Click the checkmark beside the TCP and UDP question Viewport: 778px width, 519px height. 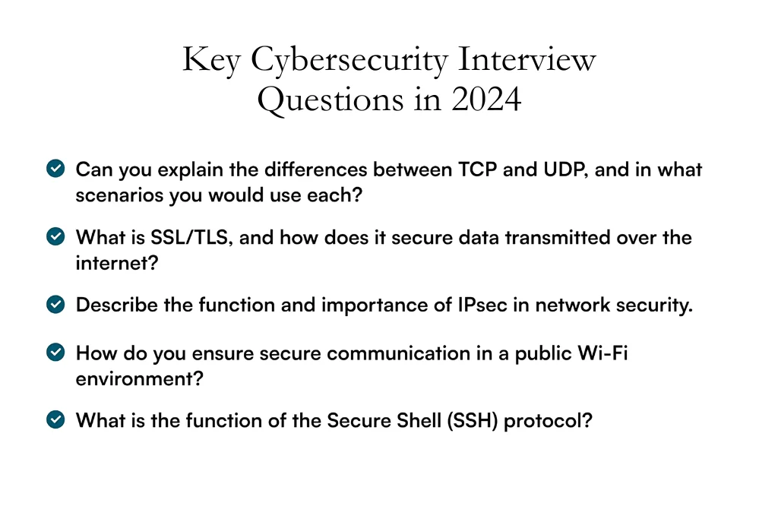[x=55, y=169]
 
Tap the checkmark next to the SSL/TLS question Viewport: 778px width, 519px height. [x=55, y=237]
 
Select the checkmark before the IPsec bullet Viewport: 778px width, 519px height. [x=55, y=305]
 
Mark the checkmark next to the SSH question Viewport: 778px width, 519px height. [x=55, y=419]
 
